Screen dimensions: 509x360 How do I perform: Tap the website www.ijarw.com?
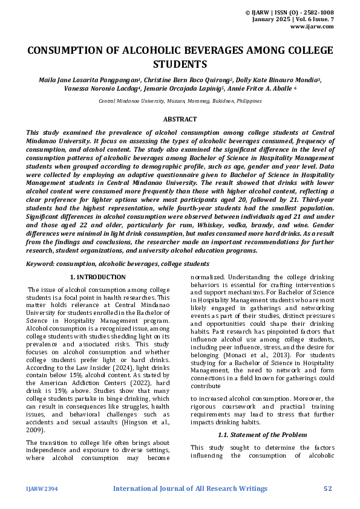tap(312, 27)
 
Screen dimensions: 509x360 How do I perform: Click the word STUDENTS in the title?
tap(180, 64)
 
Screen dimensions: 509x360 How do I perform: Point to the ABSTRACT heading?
tap(180, 120)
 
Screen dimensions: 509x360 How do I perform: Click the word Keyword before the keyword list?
tap(42, 264)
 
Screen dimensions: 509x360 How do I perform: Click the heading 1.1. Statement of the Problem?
tap(261, 435)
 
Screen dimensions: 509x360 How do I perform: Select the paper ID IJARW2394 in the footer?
tap(40, 488)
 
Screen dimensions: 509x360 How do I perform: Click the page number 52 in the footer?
tap(328, 488)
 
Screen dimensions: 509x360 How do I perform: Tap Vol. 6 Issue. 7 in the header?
tap(312, 19)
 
